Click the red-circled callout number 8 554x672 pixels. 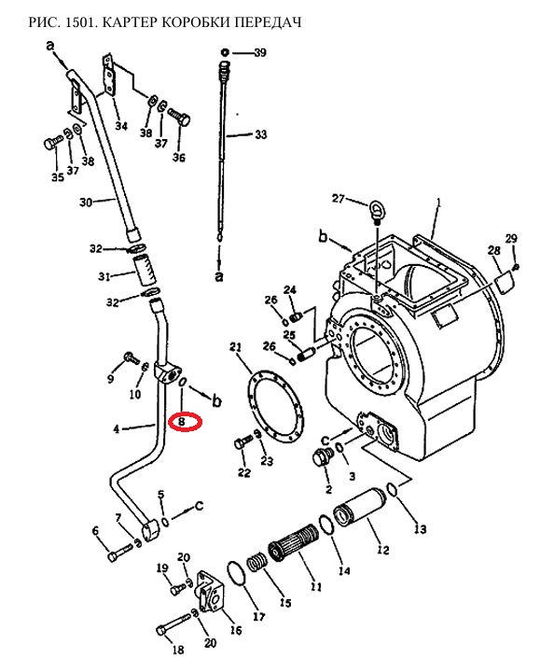click(182, 422)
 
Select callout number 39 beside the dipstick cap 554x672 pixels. click(260, 52)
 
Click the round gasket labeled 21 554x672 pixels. click(275, 405)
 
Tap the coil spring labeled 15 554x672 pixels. click(257, 562)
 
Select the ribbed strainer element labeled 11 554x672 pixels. click(294, 541)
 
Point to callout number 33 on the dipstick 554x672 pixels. click(261, 134)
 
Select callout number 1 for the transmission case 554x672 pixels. click(438, 203)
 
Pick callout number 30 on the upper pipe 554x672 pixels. click(86, 202)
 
